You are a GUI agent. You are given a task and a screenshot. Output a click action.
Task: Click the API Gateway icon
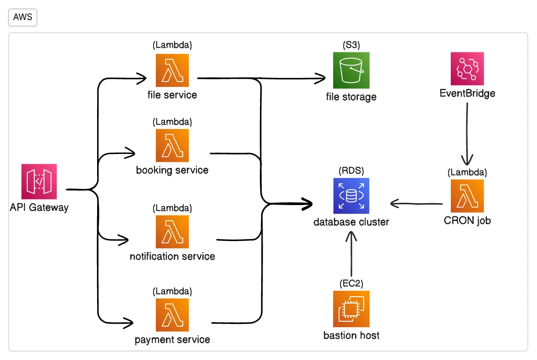39,182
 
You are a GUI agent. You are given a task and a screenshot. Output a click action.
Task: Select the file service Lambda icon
172,70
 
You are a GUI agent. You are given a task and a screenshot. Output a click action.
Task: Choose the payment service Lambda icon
172,315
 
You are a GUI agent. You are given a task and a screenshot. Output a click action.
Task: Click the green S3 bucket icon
351,70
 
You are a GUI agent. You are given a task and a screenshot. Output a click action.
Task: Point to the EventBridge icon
467,69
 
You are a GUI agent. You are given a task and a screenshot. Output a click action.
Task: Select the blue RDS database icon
351,196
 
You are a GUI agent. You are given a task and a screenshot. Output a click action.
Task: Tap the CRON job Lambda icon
467,196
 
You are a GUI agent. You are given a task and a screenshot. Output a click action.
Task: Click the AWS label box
22,18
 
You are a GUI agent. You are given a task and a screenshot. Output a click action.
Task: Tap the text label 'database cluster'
351,222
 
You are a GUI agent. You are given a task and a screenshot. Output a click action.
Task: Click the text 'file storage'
351,97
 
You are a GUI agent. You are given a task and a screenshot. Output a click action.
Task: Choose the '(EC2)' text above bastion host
351,283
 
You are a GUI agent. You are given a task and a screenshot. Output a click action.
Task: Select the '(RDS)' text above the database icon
351,170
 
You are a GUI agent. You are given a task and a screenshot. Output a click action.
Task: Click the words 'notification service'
172,256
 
